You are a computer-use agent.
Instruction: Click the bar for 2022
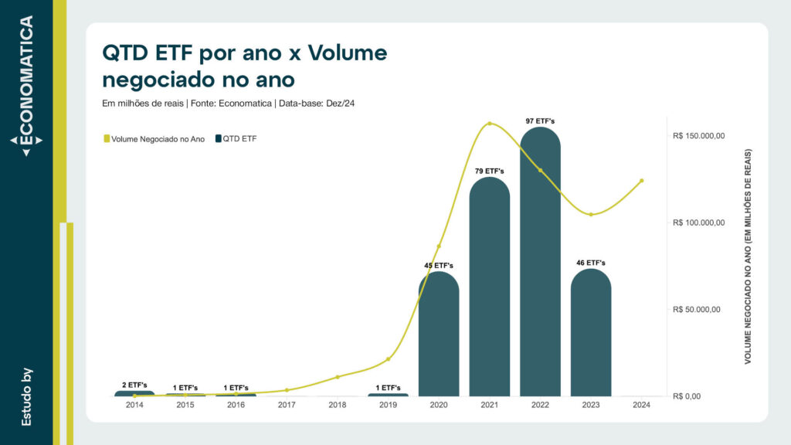coord(540,263)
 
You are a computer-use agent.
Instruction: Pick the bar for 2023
coord(591,332)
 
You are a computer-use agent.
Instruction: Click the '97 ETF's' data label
coord(540,121)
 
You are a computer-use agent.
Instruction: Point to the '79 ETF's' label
coord(489,171)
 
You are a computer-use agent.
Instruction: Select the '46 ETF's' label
coord(591,263)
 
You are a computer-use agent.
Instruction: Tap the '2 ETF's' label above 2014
coord(134,385)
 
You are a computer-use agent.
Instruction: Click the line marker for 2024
coord(641,181)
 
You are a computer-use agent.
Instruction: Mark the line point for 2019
coord(388,359)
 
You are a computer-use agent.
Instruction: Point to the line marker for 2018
coord(338,377)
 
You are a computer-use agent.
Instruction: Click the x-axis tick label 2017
coord(287,405)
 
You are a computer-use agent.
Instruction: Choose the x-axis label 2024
coord(641,405)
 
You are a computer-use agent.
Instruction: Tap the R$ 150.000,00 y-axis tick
coord(699,136)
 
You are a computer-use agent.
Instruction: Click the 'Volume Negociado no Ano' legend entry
coord(154,139)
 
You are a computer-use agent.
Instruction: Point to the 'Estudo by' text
coord(26,396)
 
